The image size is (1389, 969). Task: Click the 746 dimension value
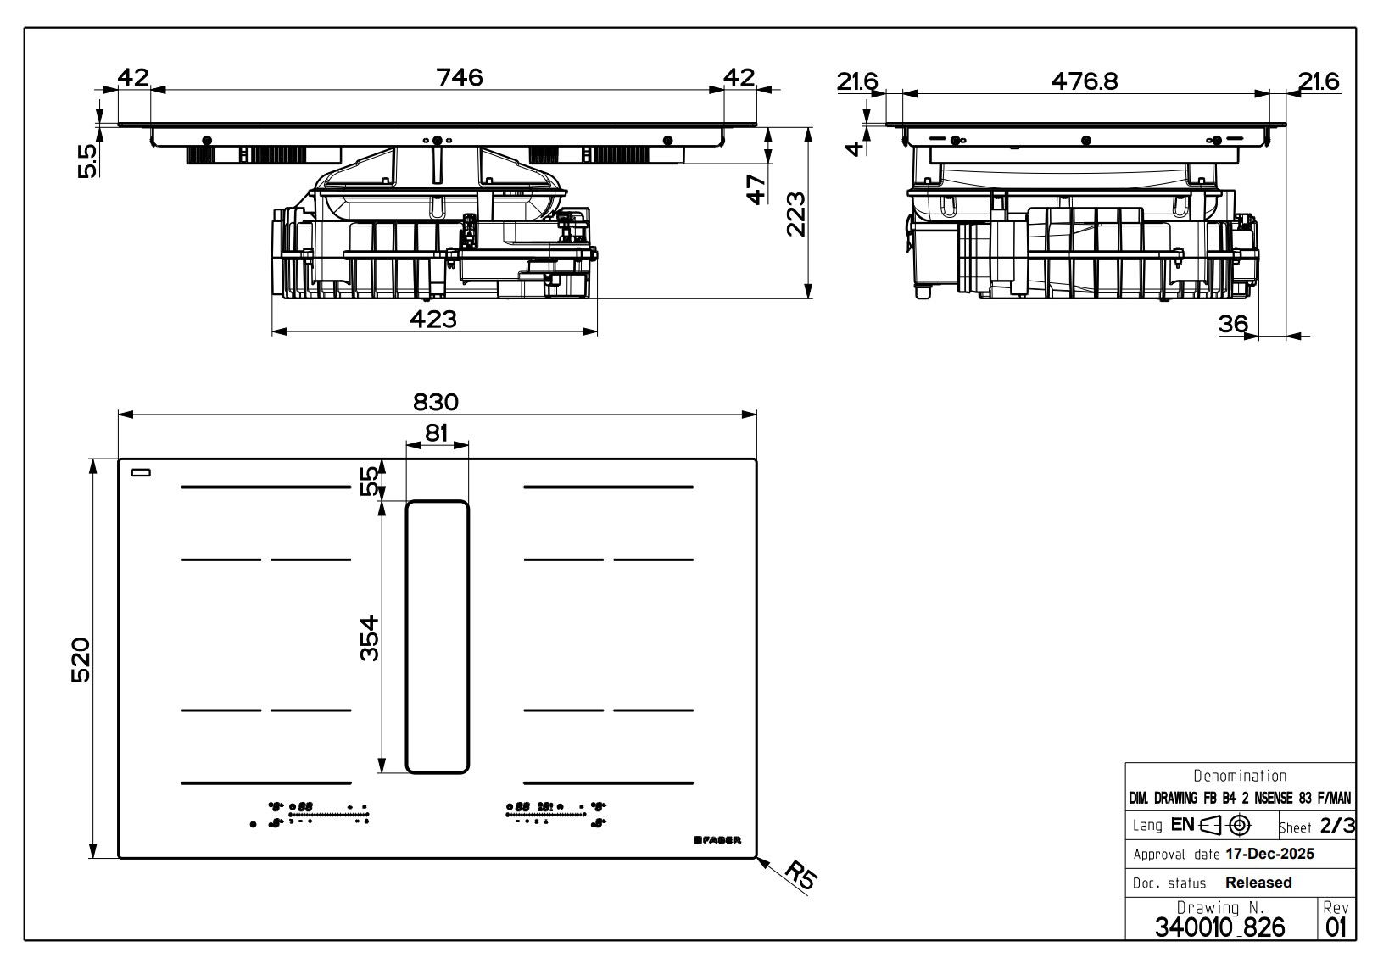tap(459, 77)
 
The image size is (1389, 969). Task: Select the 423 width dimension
tap(433, 319)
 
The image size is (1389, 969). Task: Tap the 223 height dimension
tap(795, 214)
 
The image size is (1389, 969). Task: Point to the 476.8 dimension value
tap(1084, 81)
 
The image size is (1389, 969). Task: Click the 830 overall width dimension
tap(437, 401)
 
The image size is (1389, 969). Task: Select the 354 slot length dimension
tap(368, 638)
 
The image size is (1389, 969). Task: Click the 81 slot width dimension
tap(437, 432)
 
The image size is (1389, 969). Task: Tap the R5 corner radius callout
tap(800, 875)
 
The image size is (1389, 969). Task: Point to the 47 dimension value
tap(755, 188)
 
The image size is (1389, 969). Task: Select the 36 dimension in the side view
tap(1234, 323)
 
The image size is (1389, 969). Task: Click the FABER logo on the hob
tap(717, 840)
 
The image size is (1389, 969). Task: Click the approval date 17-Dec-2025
tap(1269, 854)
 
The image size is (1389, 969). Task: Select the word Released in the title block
tap(1258, 883)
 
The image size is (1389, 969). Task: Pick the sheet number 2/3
tap(1337, 825)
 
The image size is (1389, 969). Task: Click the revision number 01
tap(1336, 927)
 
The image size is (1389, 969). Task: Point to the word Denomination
tap(1240, 776)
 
